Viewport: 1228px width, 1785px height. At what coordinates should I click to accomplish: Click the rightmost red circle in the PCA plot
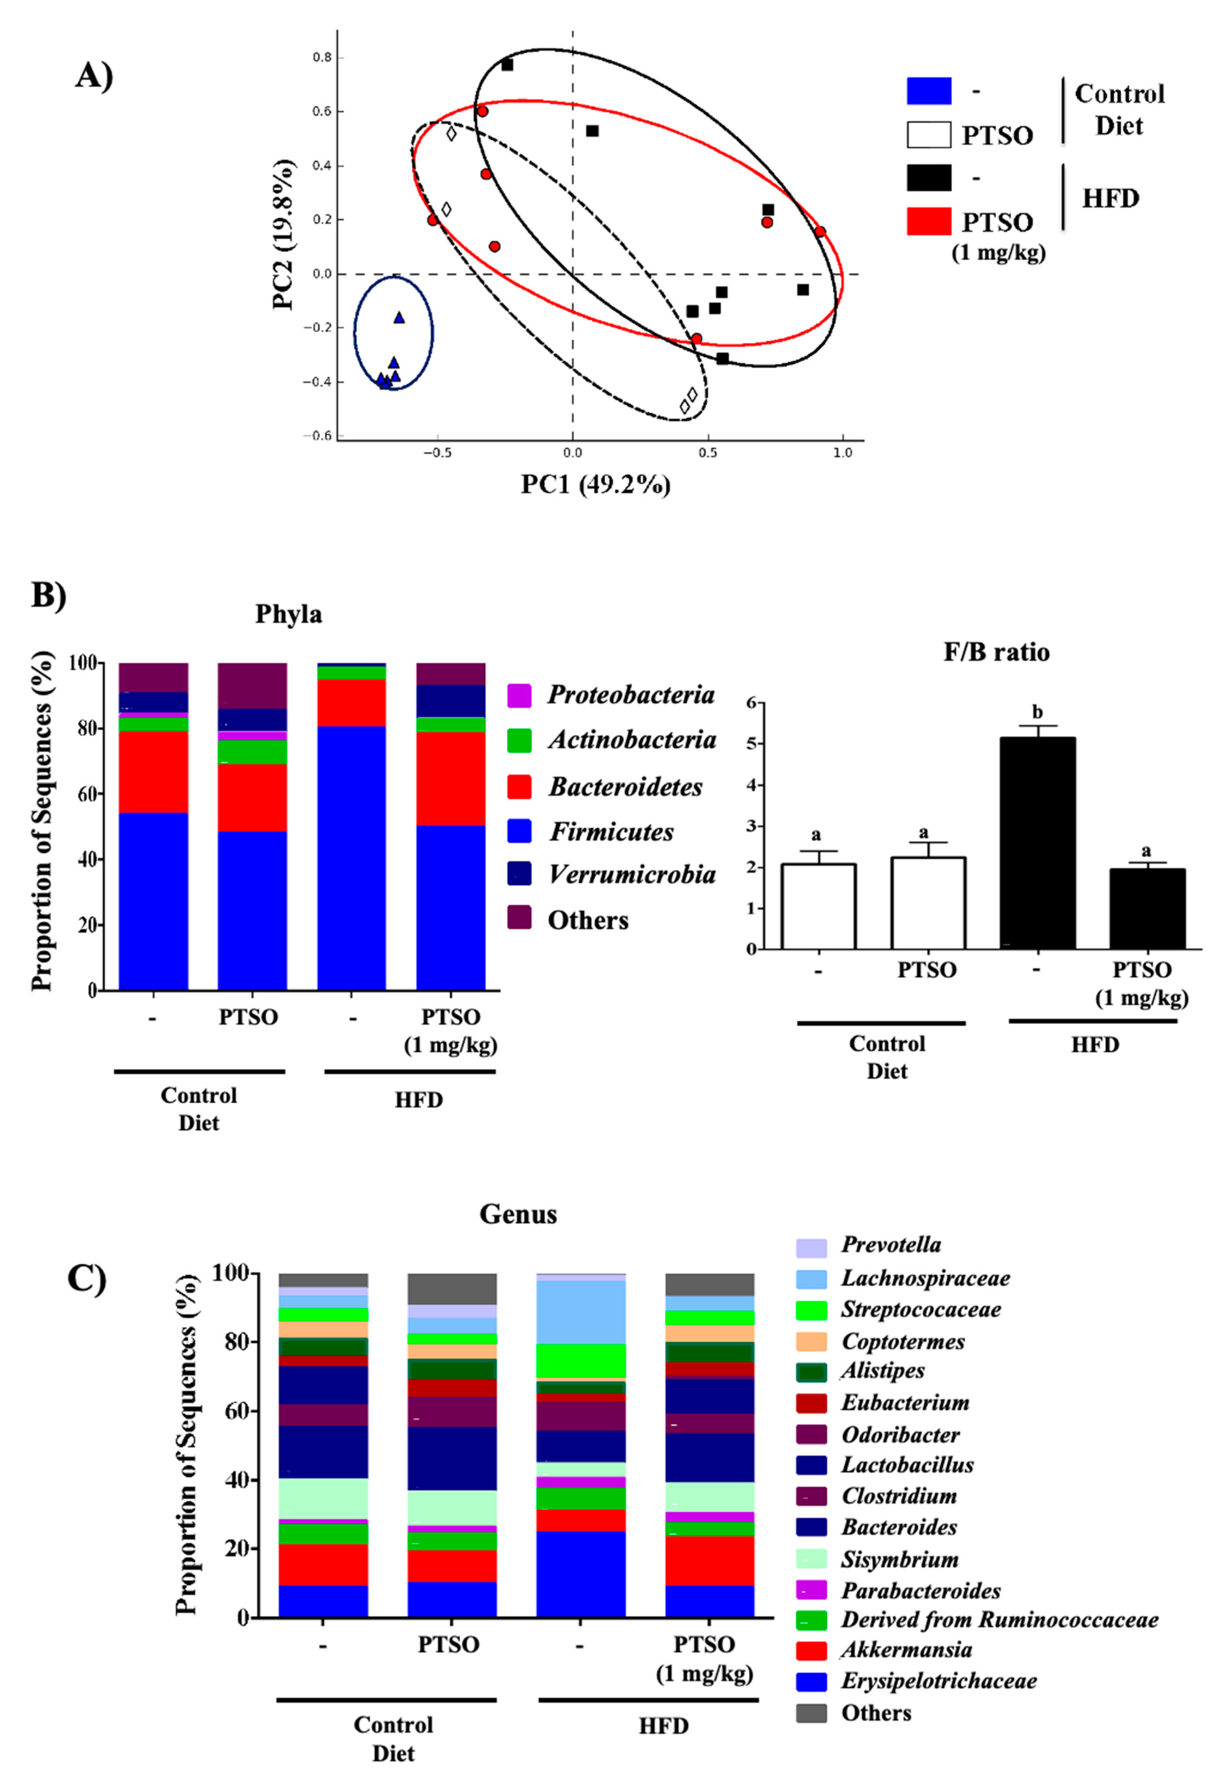click(820, 232)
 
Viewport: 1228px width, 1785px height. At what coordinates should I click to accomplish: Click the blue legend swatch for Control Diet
click(929, 91)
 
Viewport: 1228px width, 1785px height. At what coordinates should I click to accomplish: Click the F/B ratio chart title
click(996, 652)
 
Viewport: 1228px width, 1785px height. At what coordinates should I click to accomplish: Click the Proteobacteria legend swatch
click(519, 696)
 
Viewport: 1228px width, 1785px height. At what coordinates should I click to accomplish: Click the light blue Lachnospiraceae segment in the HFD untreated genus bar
click(581, 1312)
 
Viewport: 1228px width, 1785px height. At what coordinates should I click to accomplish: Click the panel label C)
click(87, 1279)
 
